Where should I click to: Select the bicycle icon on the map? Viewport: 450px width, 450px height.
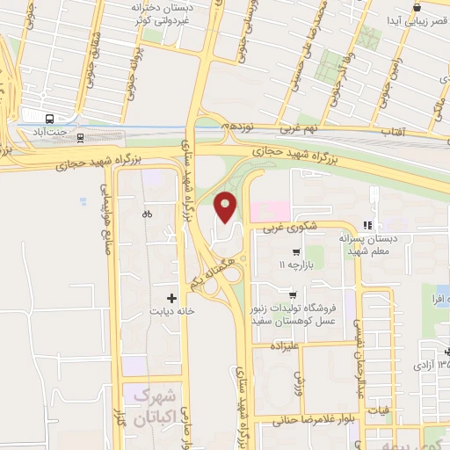coord(147,213)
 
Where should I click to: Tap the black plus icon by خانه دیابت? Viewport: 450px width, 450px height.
coord(171,299)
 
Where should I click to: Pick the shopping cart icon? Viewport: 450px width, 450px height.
coord(293,295)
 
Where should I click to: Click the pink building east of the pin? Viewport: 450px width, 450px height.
coord(270,210)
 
